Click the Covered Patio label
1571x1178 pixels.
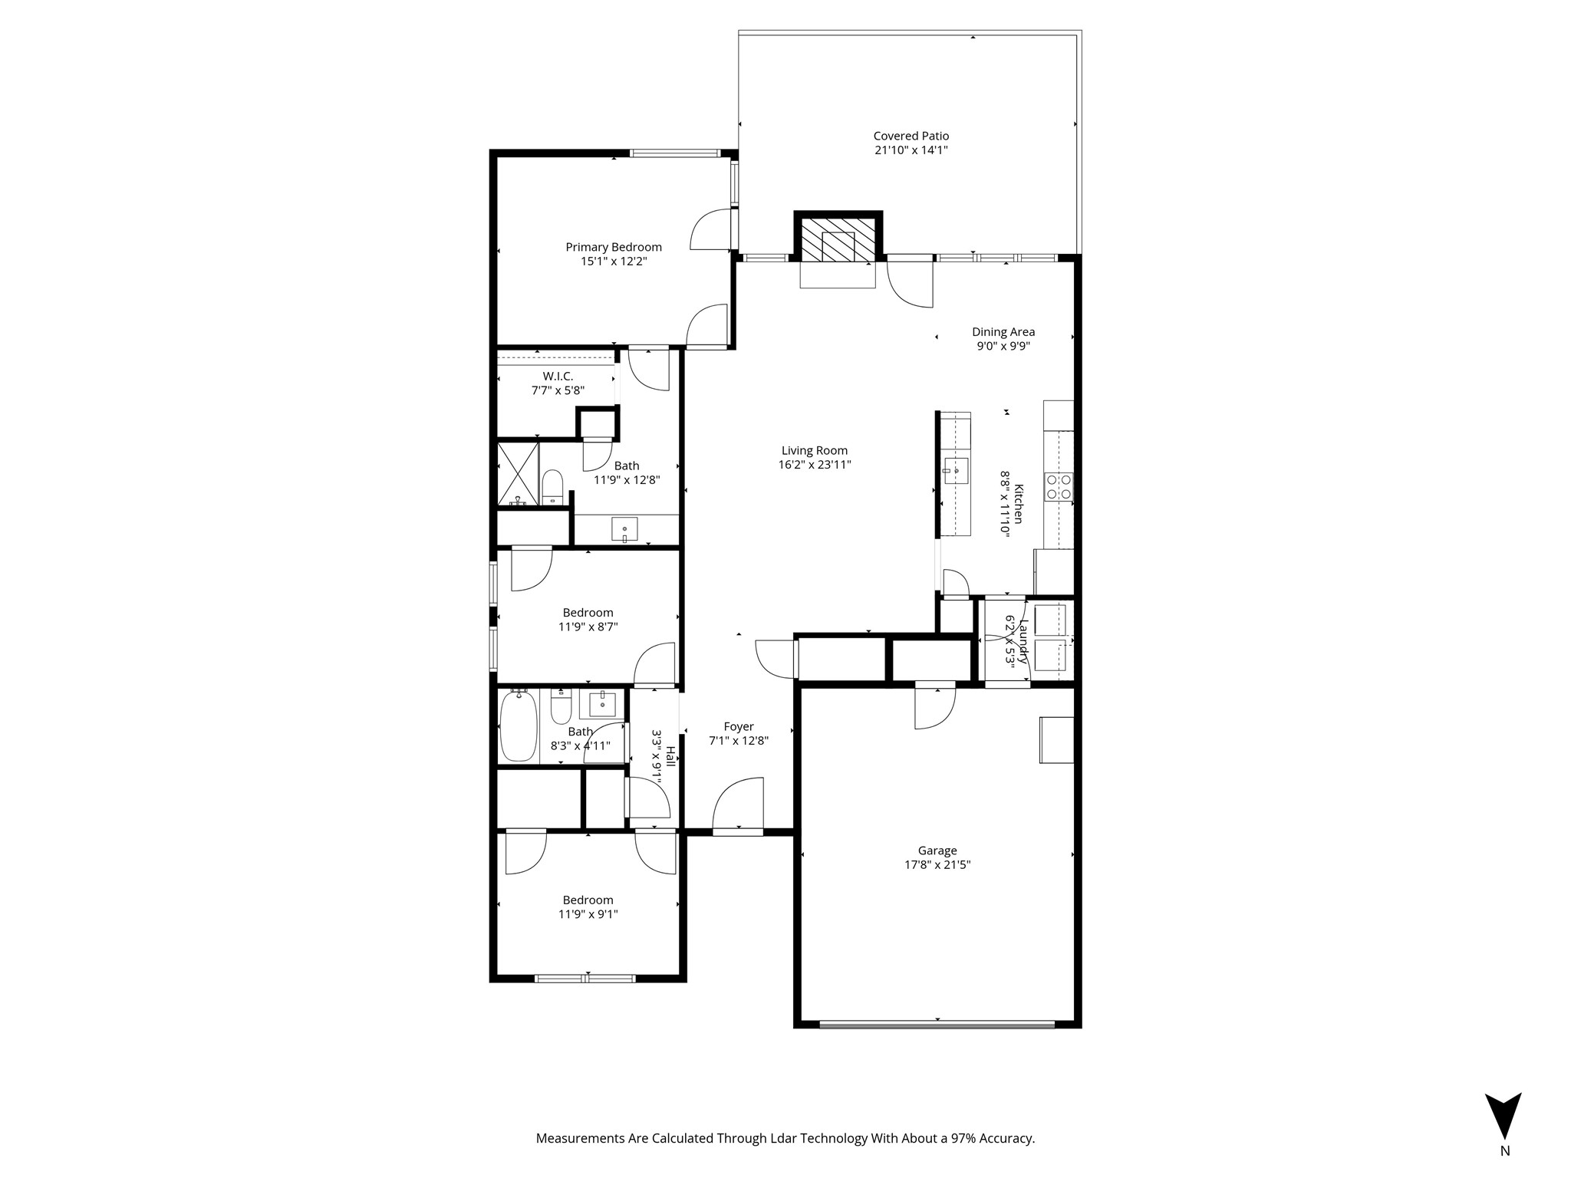911,136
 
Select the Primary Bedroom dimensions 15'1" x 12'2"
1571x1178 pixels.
614,262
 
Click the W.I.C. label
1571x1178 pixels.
558,377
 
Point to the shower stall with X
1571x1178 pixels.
518,473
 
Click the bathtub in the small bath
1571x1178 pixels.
519,726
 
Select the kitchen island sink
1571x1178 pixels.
956,469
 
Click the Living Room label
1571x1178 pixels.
814,451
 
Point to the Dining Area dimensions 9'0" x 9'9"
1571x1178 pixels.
1003,346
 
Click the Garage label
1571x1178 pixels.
937,851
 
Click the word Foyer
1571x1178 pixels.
738,726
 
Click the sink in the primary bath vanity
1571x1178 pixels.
624,529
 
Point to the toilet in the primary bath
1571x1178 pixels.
552,487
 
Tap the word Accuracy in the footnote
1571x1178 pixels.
1006,1138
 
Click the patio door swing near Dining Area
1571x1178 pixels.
911,285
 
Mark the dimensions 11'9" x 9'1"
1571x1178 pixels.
588,914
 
